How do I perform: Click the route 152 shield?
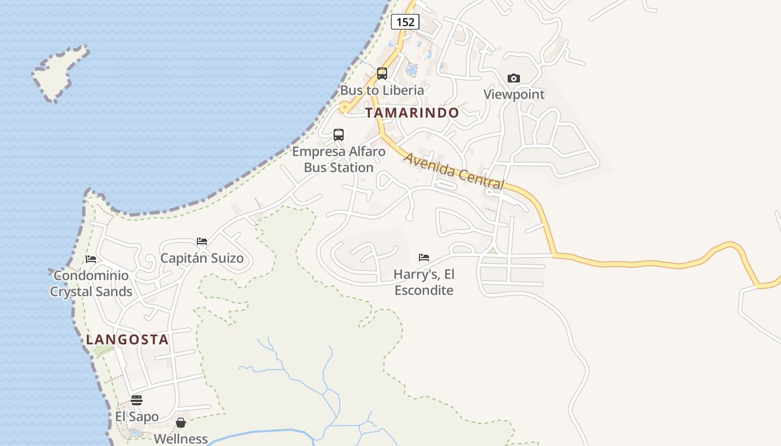[x=405, y=22]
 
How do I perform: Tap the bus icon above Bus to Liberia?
[x=382, y=74]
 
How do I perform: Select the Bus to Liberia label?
[x=382, y=90]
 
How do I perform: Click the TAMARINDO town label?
[x=412, y=113]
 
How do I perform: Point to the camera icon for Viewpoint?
[x=514, y=79]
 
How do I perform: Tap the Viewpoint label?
[x=514, y=94]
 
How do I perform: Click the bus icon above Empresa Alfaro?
[x=339, y=134]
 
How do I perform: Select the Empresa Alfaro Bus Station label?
[x=339, y=159]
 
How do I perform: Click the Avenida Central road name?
[x=454, y=171]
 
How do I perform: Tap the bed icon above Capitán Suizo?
[x=202, y=241]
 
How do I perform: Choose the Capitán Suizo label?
[x=202, y=258]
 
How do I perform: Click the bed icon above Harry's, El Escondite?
[x=424, y=258]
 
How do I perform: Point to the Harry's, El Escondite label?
[x=424, y=282]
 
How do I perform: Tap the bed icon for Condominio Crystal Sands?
[x=91, y=259]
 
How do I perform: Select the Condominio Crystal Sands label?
[x=91, y=283]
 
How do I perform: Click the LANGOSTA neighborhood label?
[x=127, y=340]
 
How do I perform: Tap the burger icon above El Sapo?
[x=137, y=400]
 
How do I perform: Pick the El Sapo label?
[x=137, y=416]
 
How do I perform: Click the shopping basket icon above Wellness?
[x=181, y=423]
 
